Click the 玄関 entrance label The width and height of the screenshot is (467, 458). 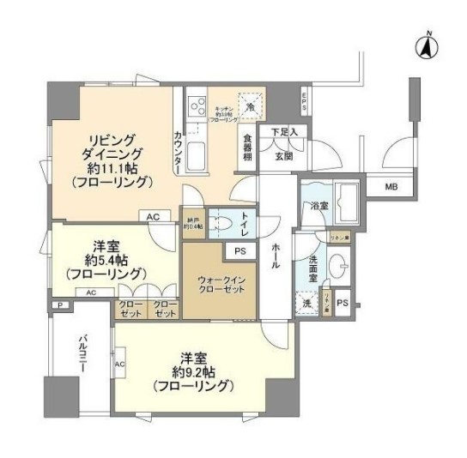(x=284, y=156)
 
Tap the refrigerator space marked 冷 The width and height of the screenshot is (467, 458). (x=250, y=107)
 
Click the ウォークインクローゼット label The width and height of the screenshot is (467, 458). (x=218, y=284)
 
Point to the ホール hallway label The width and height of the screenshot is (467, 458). (x=274, y=255)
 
